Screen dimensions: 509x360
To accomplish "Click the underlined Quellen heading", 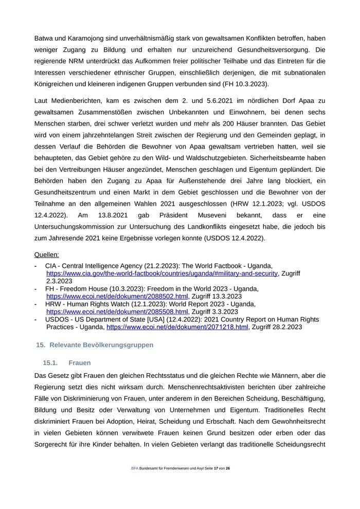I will pyautogui.click(x=46, y=254).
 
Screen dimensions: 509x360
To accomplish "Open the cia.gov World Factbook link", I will pyautogui.click(x=162, y=274).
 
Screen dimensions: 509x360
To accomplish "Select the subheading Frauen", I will pyautogui.click(x=79, y=363).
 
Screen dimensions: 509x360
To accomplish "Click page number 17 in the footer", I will pyautogui.click(x=216, y=483).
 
